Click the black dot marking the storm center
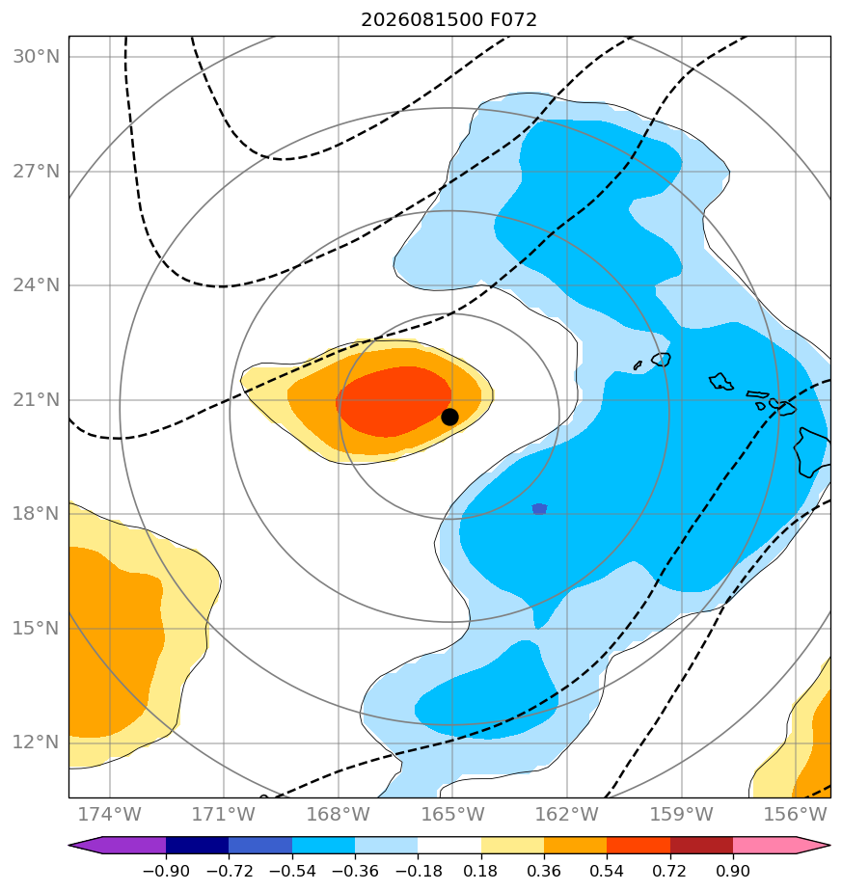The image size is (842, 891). [449, 418]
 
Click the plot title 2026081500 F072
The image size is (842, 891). [448, 20]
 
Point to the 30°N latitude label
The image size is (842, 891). [36, 57]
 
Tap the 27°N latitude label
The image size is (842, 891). [36, 171]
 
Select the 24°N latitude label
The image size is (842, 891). [36, 285]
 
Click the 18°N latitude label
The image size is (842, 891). [36, 514]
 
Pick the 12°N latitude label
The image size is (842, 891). [36, 742]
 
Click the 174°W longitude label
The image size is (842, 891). [109, 814]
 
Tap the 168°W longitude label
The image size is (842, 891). [339, 814]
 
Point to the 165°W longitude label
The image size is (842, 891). [452, 814]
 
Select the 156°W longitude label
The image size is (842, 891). [795, 814]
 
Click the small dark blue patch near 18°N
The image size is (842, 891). [539, 508]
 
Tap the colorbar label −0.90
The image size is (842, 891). [166, 871]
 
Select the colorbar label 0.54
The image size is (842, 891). [607, 871]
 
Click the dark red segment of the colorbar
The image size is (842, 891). [701, 845]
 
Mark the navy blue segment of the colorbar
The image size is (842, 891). [198, 845]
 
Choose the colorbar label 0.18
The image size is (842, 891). [481, 871]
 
